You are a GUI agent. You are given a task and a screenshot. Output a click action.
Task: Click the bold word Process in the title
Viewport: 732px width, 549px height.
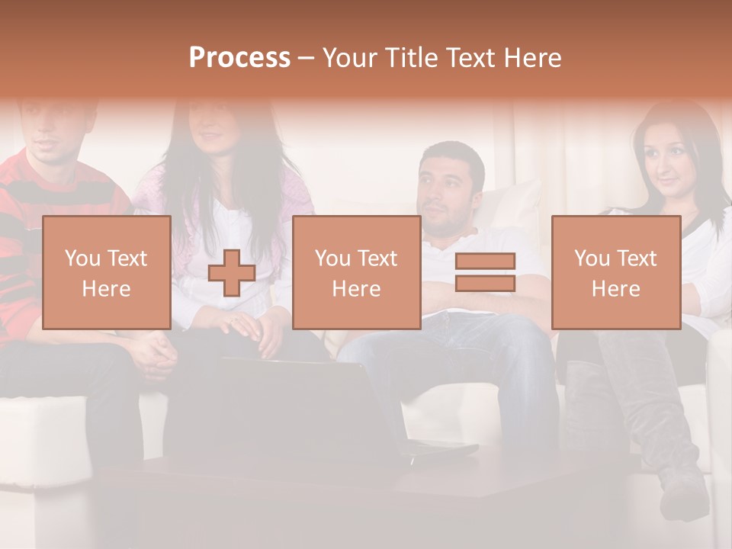tap(239, 58)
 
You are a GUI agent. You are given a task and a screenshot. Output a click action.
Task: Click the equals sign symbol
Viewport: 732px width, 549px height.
tap(485, 272)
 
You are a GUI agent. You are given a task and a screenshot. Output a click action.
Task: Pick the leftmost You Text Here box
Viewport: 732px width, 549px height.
tap(106, 272)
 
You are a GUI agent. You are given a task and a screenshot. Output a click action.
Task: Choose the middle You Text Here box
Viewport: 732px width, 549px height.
tap(356, 272)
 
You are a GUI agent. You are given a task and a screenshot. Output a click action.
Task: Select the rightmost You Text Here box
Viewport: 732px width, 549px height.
tap(615, 272)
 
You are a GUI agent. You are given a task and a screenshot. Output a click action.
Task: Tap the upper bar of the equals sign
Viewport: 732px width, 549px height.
tap(485, 262)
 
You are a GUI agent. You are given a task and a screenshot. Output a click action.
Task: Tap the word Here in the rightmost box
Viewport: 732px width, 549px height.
tap(615, 288)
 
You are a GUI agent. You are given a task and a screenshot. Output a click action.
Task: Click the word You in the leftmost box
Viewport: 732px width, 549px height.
tap(82, 258)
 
